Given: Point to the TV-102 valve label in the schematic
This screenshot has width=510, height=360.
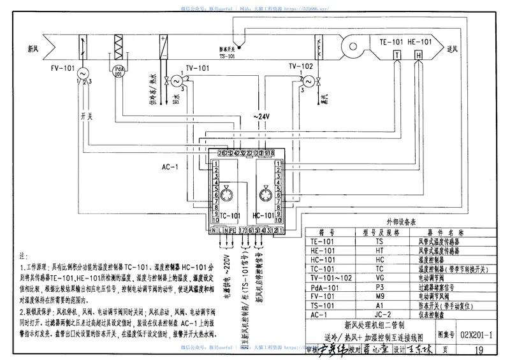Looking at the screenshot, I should pos(300,66).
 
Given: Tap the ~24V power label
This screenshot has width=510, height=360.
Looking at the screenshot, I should pos(261,117).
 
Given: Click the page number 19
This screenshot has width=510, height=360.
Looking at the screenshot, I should pos(478,349).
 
